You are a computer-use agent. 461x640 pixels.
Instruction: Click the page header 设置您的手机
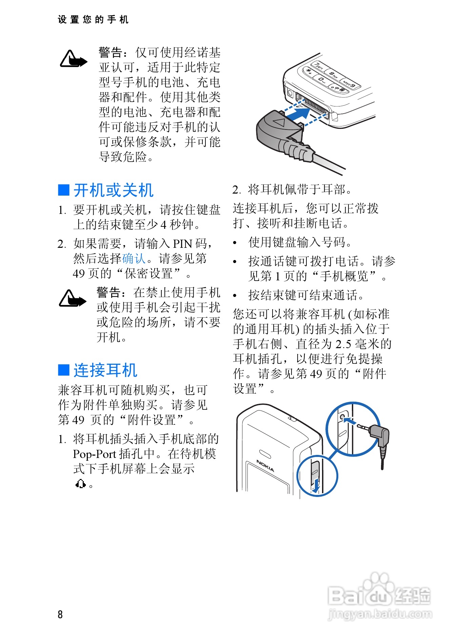click(93, 20)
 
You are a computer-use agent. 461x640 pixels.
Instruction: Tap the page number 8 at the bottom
click(60, 614)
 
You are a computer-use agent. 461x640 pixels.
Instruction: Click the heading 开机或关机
click(113, 190)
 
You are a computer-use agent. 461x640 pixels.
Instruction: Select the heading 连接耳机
click(105, 370)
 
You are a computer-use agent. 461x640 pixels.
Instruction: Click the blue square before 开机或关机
click(64, 190)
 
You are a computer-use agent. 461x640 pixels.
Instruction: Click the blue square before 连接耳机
click(64, 370)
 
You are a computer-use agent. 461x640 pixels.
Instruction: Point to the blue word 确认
click(134, 259)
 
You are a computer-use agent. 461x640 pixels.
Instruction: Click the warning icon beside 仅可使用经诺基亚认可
click(73, 60)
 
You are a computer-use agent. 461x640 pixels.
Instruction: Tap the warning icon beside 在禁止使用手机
click(72, 299)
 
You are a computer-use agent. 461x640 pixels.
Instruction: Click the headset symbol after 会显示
click(81, 484)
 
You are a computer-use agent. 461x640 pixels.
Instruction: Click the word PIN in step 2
click(182, 244)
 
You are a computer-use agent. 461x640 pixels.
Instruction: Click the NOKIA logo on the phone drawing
click(265, 466)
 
